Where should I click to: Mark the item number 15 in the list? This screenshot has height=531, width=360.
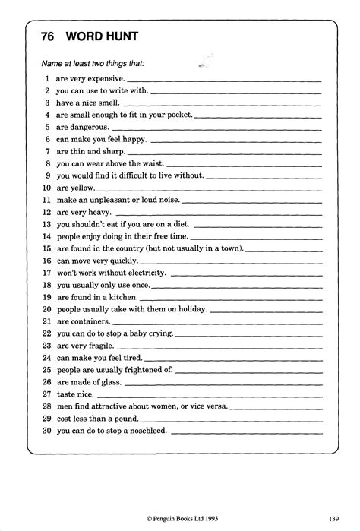46,248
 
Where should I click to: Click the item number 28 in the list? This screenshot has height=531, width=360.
46,406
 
